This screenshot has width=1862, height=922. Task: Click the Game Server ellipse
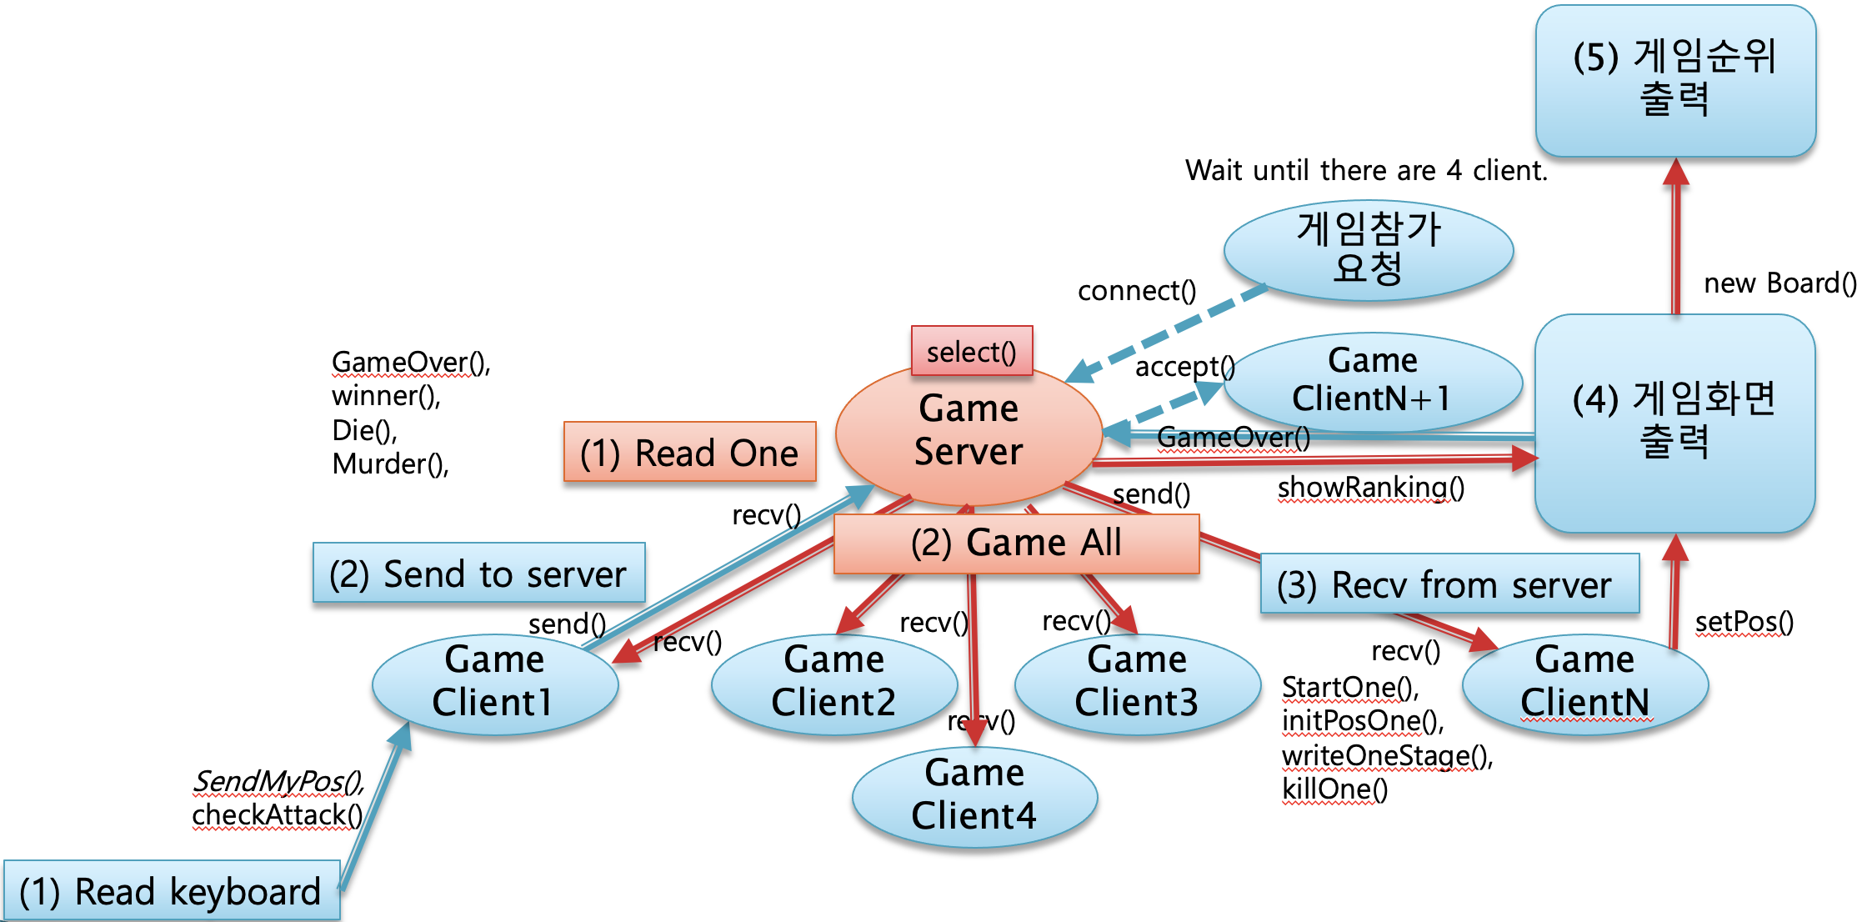tap(968, 433)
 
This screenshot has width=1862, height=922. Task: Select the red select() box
tap(971, 351)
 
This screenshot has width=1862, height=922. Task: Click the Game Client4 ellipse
tap(974, 796)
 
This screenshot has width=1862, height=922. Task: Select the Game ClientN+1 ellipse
tap(1372, 381)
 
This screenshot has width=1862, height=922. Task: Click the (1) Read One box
tap(688, 453)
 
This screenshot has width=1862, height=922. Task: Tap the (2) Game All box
tap(1015, 544)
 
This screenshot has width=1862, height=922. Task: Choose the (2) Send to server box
tap(478, 574)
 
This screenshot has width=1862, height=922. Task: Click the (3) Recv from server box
tap(1449, 584)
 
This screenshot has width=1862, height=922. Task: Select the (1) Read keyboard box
tap(171, 891)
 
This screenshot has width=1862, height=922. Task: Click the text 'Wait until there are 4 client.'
tap(1365, 170)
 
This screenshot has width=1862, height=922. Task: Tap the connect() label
tap(1136, 290)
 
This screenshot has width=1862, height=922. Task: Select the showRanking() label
tap(1369, 487)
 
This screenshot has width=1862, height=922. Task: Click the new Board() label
tap(1779, 283)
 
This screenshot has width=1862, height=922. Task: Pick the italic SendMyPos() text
tap(278, 782)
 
